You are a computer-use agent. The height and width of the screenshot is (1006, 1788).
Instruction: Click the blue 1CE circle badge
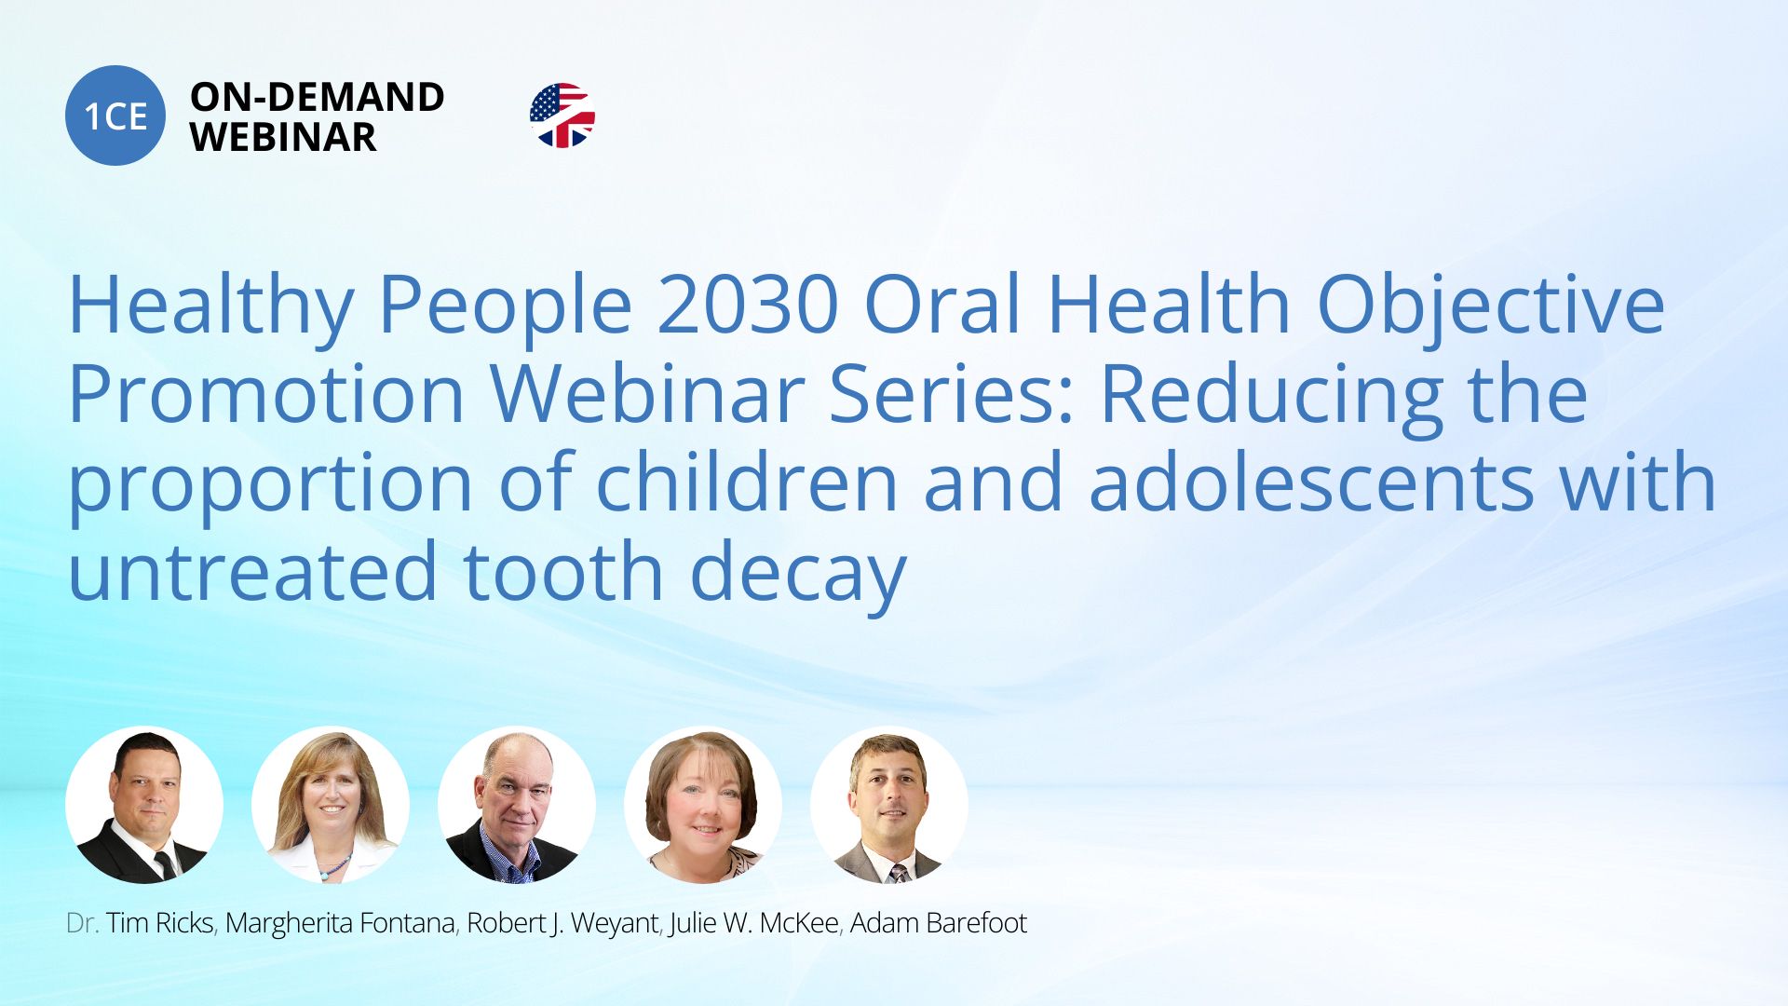(x=115, y=116)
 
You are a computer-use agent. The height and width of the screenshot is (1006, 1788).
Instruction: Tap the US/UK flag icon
(x=562, y=116)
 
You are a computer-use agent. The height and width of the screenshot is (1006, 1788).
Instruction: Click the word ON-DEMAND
(x=317, y=97)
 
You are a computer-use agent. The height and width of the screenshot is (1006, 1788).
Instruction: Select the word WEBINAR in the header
(x=283, y=137)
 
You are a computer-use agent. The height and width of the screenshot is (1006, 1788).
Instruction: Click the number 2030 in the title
(x=748, y=305)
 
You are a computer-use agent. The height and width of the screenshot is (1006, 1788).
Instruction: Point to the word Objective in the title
(x=1490, y=307)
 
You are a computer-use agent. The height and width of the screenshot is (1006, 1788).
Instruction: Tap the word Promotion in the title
(x=266, y=393)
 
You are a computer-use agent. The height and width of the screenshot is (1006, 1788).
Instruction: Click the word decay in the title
(x=797, y=575)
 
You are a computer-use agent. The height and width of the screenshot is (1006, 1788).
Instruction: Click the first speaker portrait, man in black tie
(x=144, y=805)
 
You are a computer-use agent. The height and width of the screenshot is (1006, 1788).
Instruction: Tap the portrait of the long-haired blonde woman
(x=331, y=805)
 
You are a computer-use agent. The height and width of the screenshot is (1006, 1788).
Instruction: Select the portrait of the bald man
(x=517, y=805)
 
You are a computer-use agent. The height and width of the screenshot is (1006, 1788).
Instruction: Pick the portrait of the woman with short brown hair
(x=703, y=805)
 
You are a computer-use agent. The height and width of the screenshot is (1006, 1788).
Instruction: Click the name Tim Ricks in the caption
(x=159, y=923)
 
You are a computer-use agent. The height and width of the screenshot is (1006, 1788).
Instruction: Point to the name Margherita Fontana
(x=340, y=923)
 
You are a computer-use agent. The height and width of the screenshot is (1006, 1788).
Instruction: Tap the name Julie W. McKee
(x=755, y=923)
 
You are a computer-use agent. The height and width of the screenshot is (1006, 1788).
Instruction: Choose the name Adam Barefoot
(x=939, y=923)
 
